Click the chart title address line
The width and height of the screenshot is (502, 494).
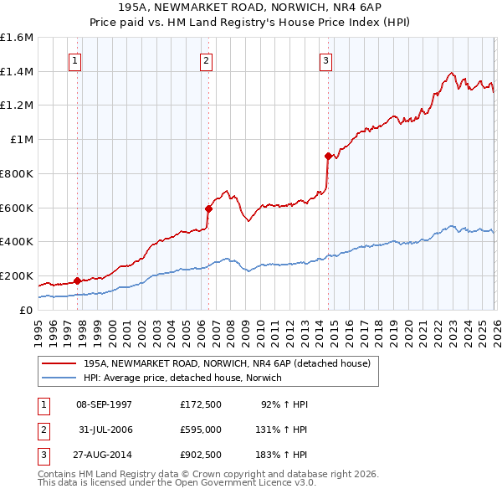coord(251,7)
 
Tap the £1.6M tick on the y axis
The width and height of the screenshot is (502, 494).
coord(17,38)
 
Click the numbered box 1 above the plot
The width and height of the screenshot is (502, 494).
coord(75,59)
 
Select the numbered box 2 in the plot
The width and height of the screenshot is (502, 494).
coord(206,59)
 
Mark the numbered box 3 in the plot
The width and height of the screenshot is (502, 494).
coord(325,59)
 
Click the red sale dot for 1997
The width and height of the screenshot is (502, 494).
coord(77,280)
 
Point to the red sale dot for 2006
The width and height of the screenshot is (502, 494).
coord(208,209)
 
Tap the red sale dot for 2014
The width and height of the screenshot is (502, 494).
coord(328,156)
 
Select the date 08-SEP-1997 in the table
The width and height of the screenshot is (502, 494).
coord(104,404)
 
